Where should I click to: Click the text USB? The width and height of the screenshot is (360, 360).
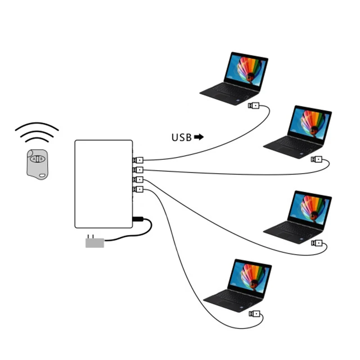pos(181,137)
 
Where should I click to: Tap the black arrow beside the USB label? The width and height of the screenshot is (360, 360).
pos(198,137)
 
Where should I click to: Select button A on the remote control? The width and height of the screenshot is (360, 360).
pos(34,158)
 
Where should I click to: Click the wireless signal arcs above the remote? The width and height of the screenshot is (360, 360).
pos(37,131)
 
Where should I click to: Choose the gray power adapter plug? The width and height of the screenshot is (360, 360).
pos(94,242)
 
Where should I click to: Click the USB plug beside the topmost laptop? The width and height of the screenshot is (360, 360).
pos(254,106)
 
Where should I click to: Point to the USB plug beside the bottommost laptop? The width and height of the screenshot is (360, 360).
pos(254,314)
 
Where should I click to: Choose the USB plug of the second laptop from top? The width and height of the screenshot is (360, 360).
pos(317,159)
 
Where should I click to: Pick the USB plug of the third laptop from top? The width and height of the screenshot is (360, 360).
pos(317,243)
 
